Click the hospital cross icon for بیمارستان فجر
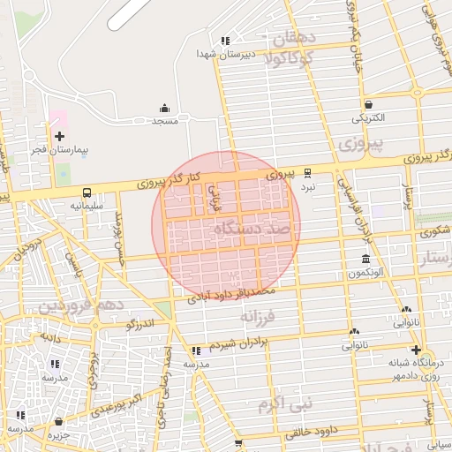pyautogui.click(x=59, y=136)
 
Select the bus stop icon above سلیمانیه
pyautogui.click(x=87, y=192)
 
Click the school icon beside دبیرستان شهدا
pyautogui.click(x=225, y=40)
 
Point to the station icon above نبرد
pyautogui.click(x=307, y=173)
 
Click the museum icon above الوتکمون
pyautogui.click(x=365, y=259)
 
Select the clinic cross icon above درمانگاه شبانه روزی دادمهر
pyautogui.click(x=415, y=350)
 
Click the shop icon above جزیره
pyautogui.click(x=59, y=422)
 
